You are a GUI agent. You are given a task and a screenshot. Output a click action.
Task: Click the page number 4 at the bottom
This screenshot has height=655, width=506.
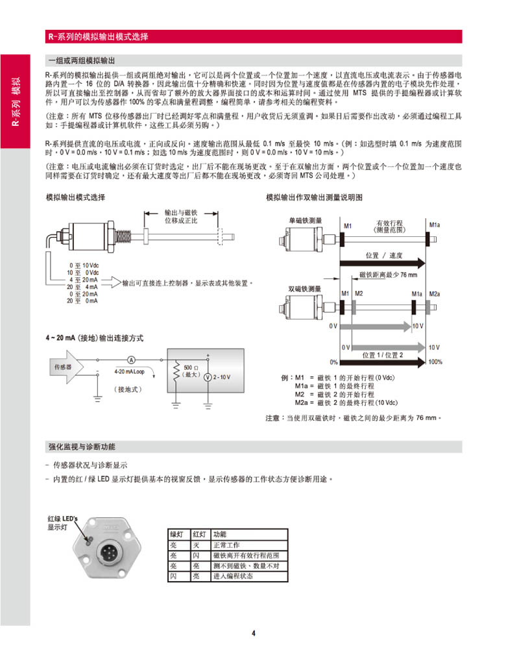[x=254, y=634]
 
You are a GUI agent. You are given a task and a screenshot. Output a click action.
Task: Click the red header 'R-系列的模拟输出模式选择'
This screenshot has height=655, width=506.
[x=99, y=37]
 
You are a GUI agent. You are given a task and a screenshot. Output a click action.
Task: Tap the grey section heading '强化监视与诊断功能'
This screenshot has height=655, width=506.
[x=82, y=447]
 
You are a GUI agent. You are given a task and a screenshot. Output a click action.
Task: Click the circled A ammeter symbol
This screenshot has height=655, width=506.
[x=130, y=359]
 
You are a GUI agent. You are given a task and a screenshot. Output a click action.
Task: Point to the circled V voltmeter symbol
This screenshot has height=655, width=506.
[x=208, y=377]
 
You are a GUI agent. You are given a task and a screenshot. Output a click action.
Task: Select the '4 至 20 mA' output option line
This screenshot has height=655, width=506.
[x=83, y=279]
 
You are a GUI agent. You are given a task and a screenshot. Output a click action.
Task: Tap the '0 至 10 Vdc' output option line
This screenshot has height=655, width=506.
[x=84, y=266]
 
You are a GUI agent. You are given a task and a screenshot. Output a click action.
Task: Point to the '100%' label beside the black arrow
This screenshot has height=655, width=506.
[x=435, y=362]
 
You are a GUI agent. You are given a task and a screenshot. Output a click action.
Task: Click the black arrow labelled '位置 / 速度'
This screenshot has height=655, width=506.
[x=383, y=262]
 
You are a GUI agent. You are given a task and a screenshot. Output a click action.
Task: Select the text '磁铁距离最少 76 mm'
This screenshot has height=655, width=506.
[x=388, y=275]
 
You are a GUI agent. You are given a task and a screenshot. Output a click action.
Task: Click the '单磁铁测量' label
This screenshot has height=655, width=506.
[x=305, y=221]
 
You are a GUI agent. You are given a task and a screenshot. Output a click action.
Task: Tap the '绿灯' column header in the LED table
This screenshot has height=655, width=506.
[x=176, y=534]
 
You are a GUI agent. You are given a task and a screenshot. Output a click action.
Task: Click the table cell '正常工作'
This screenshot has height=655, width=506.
[x=226, y=545]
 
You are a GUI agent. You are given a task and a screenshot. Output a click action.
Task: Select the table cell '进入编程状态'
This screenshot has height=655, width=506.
[x=233, y=576]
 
